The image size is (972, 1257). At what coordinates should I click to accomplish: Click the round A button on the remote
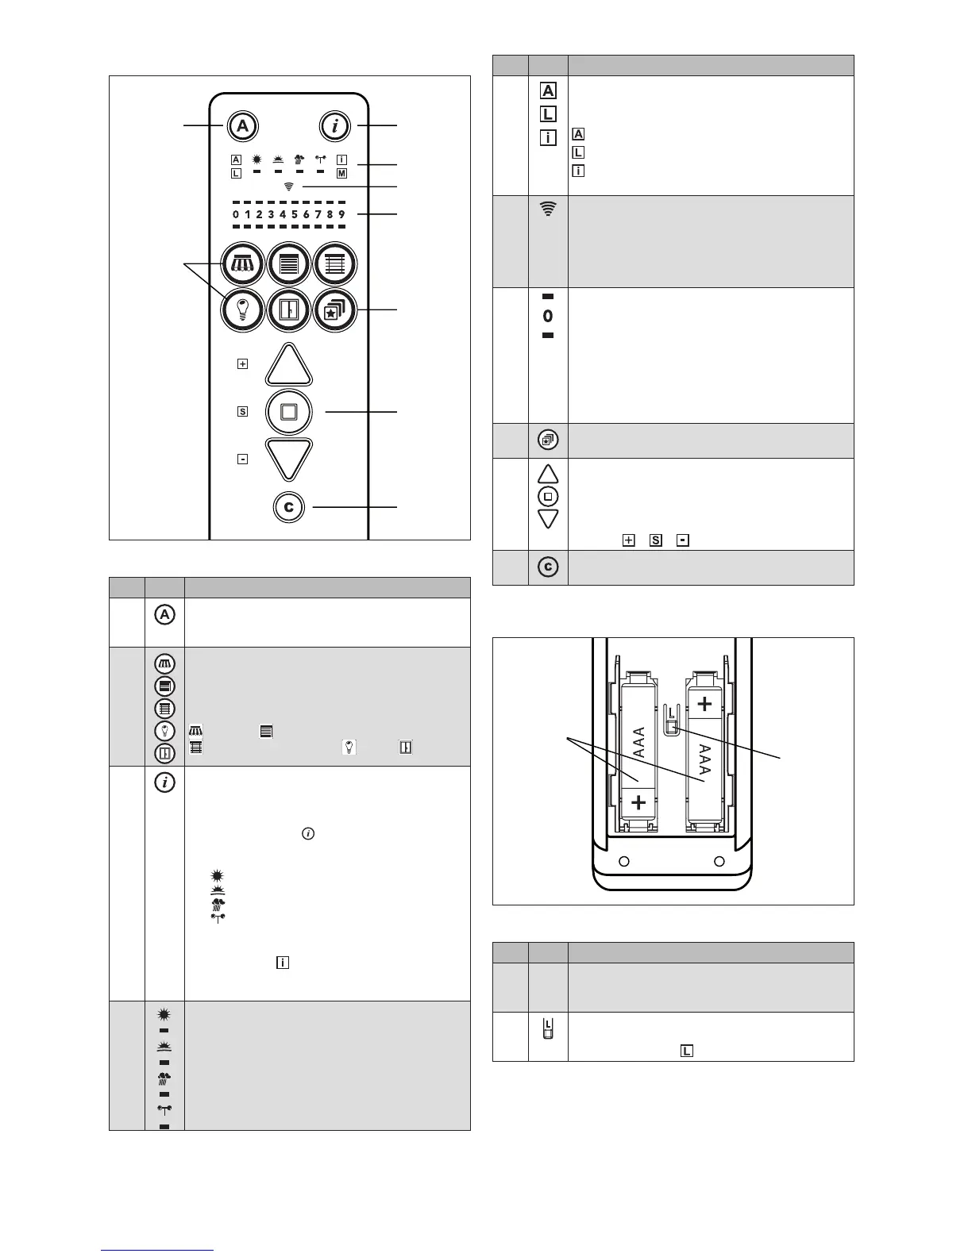pos(242,126)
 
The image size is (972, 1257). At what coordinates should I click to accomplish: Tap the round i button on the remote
pos(335,126)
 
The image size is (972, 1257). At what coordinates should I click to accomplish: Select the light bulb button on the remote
pos(242,310)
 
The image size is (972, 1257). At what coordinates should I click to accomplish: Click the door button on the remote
pos(289,310)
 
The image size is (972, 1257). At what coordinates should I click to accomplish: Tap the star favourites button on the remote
pos(335,310)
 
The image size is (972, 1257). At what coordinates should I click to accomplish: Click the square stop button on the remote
pos(289,412)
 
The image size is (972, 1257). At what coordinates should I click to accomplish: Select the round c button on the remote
pos(289,507)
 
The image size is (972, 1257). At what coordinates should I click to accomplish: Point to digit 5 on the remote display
pos(295,214)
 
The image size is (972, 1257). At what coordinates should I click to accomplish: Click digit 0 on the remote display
pos(236,214)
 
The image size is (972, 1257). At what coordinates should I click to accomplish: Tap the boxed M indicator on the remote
pos(342,174)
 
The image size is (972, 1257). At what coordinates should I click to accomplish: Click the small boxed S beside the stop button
pos(242,412)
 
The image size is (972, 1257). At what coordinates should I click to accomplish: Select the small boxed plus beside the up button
pos(242,364)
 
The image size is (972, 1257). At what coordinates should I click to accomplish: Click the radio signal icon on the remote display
pos(289,186)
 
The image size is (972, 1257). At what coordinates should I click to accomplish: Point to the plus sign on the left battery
pos(638,803)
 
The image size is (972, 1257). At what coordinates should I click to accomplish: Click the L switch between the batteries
pos(671,721)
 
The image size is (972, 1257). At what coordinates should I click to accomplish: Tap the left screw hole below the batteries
pos(624,861)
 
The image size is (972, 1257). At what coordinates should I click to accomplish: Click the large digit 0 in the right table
pos(548,316)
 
